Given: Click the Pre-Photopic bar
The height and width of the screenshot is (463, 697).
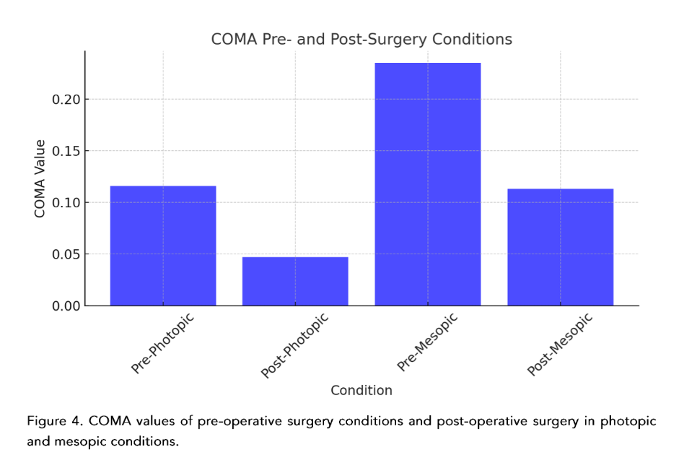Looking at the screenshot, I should click(163, 246).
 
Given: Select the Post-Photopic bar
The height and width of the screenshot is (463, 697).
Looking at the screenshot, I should click(295, 281).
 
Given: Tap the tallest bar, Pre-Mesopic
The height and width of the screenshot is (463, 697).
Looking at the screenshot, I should click(428, 184).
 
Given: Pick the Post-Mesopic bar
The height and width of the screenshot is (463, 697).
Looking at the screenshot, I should click(560, 247).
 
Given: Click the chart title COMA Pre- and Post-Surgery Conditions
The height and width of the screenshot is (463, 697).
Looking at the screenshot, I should click(361, 40).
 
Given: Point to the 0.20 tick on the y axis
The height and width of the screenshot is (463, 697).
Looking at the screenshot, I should click(66, 100).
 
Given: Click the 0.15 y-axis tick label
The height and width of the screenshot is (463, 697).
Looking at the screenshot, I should click(66, 151).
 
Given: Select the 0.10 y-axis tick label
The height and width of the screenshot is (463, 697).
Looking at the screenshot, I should click(66, 203).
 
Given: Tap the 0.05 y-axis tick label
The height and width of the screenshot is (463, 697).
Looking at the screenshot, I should click(66, 254).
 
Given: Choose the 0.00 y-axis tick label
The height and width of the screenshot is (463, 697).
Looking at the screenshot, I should click(66, 306).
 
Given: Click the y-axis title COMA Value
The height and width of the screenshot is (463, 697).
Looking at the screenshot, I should click(40, 178).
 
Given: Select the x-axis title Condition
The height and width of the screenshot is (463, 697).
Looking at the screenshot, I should click(361, 391).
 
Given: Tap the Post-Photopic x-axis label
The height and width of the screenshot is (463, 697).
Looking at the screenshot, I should click(294, 345).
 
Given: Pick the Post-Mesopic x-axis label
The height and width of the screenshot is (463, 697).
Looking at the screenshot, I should click(560, 344).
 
